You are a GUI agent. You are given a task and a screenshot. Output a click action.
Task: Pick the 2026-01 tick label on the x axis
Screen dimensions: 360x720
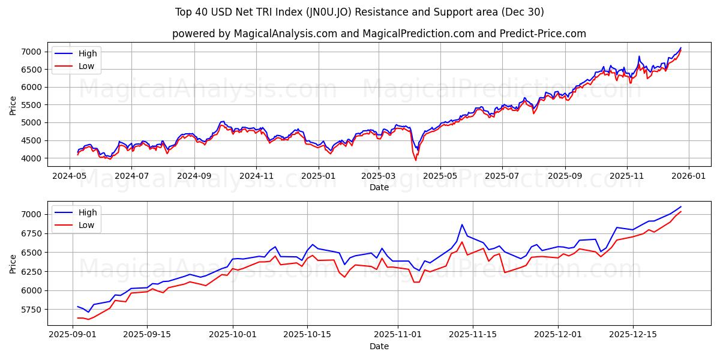[688, 176]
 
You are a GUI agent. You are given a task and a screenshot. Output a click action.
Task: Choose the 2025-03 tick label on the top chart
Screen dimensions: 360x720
[379, 176]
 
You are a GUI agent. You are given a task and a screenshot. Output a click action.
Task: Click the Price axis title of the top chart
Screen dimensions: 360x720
[13, 105]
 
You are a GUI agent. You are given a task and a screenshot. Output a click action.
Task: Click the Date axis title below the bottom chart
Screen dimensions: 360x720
[379, 347]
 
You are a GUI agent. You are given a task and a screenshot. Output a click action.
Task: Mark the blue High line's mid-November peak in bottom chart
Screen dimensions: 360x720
[462, 224]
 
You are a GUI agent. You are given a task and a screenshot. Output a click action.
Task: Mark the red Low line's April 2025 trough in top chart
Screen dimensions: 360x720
[416, 160]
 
